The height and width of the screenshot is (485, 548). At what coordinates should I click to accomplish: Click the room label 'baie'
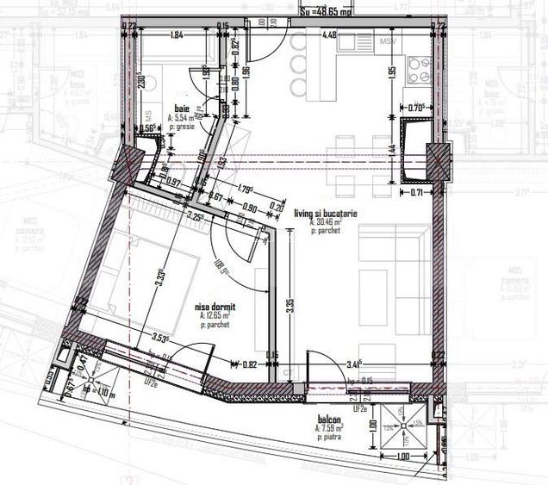coord(181,109)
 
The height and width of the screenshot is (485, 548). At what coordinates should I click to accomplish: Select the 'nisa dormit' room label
coord(216,305)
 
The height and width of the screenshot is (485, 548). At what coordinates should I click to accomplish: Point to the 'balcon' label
coord(328,420)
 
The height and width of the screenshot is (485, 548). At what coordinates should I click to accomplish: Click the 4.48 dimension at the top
coord(329,35)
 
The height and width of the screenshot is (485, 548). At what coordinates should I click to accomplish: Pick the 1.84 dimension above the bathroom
coord(177,35)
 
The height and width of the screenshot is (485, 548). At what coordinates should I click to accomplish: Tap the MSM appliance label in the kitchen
coord(388,40)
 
